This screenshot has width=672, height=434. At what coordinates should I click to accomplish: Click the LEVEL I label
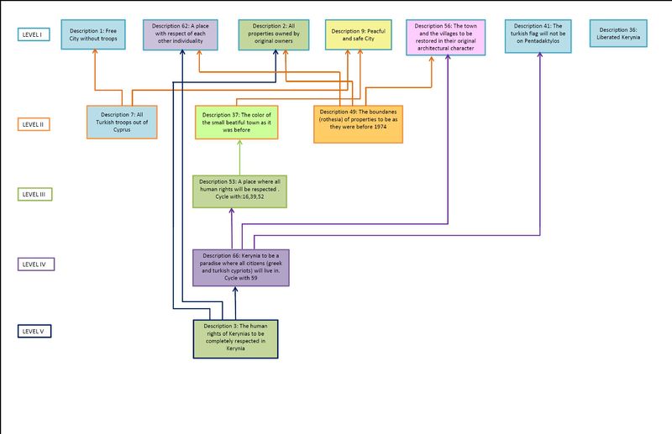pos(34,34)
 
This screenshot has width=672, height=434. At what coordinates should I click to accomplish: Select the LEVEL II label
pos(34,124)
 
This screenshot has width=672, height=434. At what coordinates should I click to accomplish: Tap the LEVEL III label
pos(34,194)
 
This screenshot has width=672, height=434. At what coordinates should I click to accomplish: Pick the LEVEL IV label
pos(36,264)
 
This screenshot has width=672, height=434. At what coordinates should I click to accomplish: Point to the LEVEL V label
pos(34,332)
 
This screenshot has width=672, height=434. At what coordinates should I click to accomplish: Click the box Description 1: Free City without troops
pos(93,34)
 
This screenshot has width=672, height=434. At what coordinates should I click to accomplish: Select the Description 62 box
pos(181,34)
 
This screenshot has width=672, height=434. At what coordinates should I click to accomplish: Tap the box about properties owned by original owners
pos(274,34)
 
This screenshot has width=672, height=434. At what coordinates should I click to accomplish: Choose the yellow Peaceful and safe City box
pos(359,34)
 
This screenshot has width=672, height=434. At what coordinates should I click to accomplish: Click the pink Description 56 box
pos(446,37)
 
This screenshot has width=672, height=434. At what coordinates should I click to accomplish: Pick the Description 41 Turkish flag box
pos(538,36)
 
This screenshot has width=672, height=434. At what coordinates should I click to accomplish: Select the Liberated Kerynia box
pos(618,34)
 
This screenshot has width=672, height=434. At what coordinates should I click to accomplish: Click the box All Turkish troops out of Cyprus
pos(122,122)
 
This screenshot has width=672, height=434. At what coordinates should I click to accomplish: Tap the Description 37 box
pos(237,122)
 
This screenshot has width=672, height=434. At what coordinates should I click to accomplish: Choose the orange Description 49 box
pos(359,124)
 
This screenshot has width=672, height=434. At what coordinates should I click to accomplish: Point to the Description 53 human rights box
pos(239,191)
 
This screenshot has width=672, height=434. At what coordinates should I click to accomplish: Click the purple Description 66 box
pos(241,268)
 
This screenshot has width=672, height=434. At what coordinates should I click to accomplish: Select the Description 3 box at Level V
pos(236,339)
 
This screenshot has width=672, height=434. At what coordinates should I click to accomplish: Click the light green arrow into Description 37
pos(239,157)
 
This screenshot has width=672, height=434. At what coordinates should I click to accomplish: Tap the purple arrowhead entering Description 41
pos(539,55)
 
